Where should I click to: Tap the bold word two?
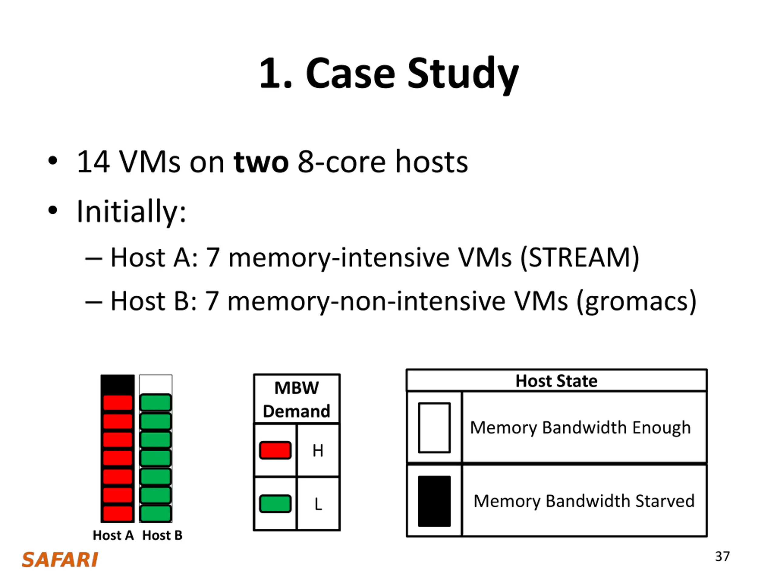click(261, 162)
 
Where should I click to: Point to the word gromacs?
click(636, 302)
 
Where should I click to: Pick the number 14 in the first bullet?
click(93, 162)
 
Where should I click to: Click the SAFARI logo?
click(60, 560)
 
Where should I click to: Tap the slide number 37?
click(722, 557)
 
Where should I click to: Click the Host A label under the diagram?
click(113, 535)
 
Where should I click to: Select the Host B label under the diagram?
click(162, 535)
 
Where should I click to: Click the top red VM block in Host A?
click(118, 403)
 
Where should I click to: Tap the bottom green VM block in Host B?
click(156, 514)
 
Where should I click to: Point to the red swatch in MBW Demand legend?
click(275, 451)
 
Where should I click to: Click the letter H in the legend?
click(318, 451)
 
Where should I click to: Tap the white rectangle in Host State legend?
click(434, 428)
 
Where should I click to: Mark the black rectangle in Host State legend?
click(434, 501)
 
